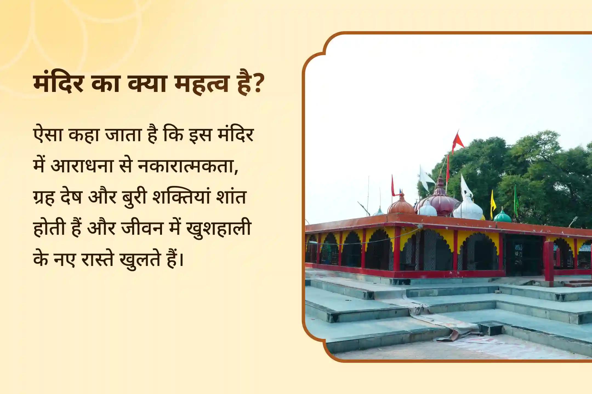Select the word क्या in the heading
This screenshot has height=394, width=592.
[147, 83]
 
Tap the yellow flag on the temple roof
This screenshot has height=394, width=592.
[493, 202]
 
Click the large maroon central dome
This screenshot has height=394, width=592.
[440, 202]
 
